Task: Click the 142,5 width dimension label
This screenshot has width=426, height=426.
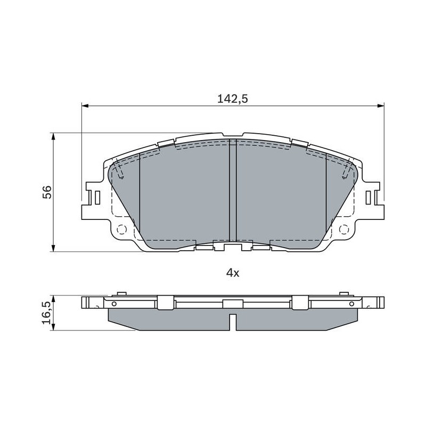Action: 233,99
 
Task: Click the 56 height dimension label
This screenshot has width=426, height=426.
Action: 47,192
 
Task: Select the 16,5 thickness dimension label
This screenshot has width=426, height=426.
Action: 47,313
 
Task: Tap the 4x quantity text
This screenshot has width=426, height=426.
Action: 233,273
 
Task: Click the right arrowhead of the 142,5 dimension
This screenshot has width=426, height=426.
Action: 381,105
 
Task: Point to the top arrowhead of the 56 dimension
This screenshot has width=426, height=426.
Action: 54,137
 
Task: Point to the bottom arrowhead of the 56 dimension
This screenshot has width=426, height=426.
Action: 54,248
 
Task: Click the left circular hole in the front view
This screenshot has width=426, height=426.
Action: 121,230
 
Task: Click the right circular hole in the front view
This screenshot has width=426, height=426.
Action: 344,230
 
